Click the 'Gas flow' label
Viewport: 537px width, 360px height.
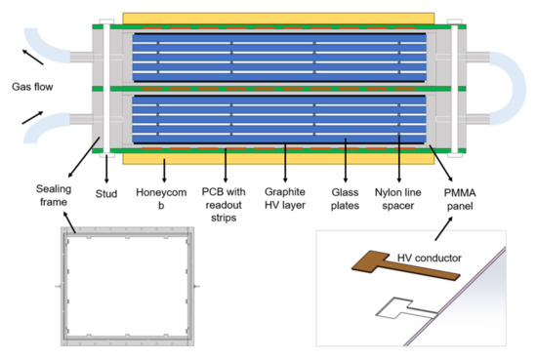click(x=32, y=87)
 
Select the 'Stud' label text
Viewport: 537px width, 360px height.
click(x=106, y=194)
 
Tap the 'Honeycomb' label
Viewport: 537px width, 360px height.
click(x=161, y=198)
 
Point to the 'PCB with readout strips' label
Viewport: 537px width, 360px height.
click(x=224, y=205)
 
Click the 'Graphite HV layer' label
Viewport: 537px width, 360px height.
click(x=285, y=198)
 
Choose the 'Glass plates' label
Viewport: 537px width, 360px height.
click(x=346, y=199)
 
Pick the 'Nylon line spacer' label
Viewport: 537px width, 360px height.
click(x=398, y=199)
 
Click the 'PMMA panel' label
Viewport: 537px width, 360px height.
click(x=460, y=199)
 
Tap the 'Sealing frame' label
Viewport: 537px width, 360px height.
click(x=54, y=195)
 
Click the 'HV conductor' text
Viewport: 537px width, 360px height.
click(x=430, y=258)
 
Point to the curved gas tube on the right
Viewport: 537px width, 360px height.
click(x=508, y=88)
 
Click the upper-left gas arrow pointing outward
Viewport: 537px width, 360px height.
click(x=33, y=57)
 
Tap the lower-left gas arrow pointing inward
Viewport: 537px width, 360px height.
click(x=32, y=117)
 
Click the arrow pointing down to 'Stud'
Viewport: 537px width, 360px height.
click(x=106, y=169)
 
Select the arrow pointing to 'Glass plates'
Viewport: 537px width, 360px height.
click(x=346, y=160)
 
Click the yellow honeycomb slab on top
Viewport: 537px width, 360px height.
click(x=278, y=19)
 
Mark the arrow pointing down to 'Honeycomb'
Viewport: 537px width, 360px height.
click(x=164, y=171)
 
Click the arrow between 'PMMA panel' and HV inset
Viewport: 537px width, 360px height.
click(x=444, y=228)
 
